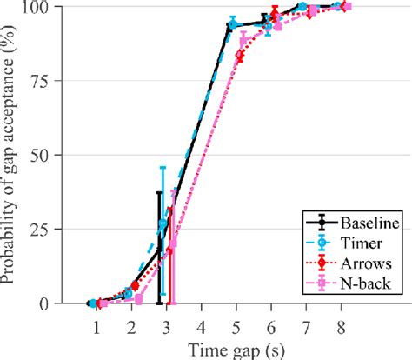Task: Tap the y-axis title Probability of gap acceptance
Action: pos(12,155)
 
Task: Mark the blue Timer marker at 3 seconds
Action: pos(163,224)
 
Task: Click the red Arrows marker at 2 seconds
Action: pos(134,285)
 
